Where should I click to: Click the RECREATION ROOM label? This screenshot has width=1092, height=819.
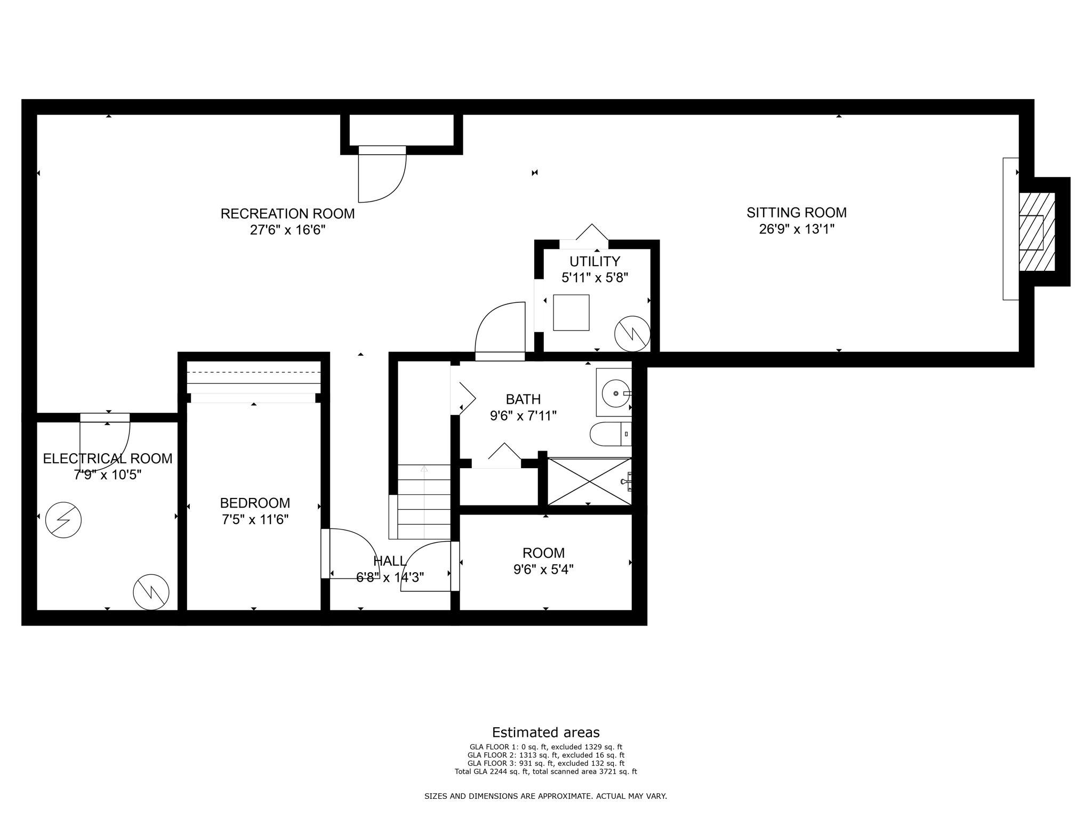pyautogui.click(x=287, y=214)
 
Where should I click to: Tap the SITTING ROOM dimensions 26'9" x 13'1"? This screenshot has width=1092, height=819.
pyautogui.click(x=797, y=229)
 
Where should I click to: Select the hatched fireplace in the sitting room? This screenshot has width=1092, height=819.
pyautogui.click(x=1036, y=232)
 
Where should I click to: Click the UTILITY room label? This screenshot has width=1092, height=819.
pyautogui.click(x=595, y=261)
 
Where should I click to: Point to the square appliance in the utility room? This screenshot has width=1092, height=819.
pyautogui.click(x=571, y=312)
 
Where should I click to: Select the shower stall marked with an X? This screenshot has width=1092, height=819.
pyautogui.click(x=589, y=481)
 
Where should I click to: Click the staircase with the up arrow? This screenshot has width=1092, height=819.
pyautogui.click(x=424, y=501)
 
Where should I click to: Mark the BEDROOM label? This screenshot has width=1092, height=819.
pyautogui.click(x=255, y=503)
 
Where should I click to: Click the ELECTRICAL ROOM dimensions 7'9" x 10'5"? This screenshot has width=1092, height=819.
pyautogui.click(x=107, y=475)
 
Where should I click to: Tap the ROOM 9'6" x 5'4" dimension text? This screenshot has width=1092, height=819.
pyautogui.click(x=543, y=569)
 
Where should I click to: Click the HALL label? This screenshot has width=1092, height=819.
pyautogui.click(x=390, y=560)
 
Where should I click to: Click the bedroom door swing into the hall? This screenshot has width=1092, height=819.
pyautogui.click(x=352, y=552)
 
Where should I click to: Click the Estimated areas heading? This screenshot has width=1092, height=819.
pyautogui.click(x=545, y=732)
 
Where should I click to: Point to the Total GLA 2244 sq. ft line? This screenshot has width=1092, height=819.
pyautogui.click(x=545, y=772)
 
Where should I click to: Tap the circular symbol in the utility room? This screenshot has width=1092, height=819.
pyautogui.click(x=632, y=334)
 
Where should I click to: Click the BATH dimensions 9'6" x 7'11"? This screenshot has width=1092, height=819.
pyautogui.click(x=523, y=415)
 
